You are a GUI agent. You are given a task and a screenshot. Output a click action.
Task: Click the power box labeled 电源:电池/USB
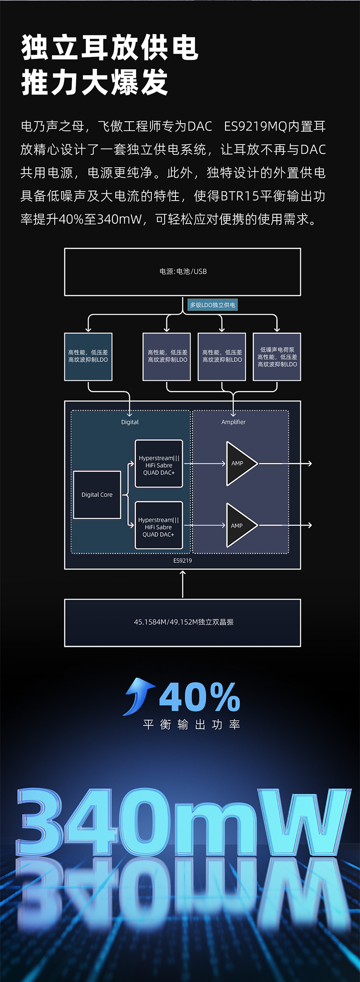point(182,272)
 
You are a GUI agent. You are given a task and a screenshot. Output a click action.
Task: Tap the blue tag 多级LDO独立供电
point(212,305)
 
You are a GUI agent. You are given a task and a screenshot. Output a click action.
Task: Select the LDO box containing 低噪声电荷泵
point(277,357)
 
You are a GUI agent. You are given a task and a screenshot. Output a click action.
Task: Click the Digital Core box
point(97,495)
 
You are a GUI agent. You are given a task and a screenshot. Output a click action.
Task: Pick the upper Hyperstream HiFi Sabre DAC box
point(159,464)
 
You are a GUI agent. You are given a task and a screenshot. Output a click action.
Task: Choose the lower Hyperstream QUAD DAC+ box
point(159,525)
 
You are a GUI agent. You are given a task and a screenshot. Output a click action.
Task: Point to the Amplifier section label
point(233,422)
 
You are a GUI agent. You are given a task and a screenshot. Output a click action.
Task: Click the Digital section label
point(130,422)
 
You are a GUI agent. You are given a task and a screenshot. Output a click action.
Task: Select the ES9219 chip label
point(183,561)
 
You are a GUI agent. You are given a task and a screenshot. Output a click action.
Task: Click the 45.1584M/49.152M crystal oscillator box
point(182,623)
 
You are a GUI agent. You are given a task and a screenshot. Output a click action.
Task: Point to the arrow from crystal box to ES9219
point(183,584)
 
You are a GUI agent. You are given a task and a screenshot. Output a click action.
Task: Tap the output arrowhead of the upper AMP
point(310,464)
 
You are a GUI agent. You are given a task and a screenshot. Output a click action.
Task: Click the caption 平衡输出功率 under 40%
point(191,725)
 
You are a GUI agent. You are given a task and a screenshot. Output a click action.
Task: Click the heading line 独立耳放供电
point(110,48)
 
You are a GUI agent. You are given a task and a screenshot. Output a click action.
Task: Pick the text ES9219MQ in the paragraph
point(255,126)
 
